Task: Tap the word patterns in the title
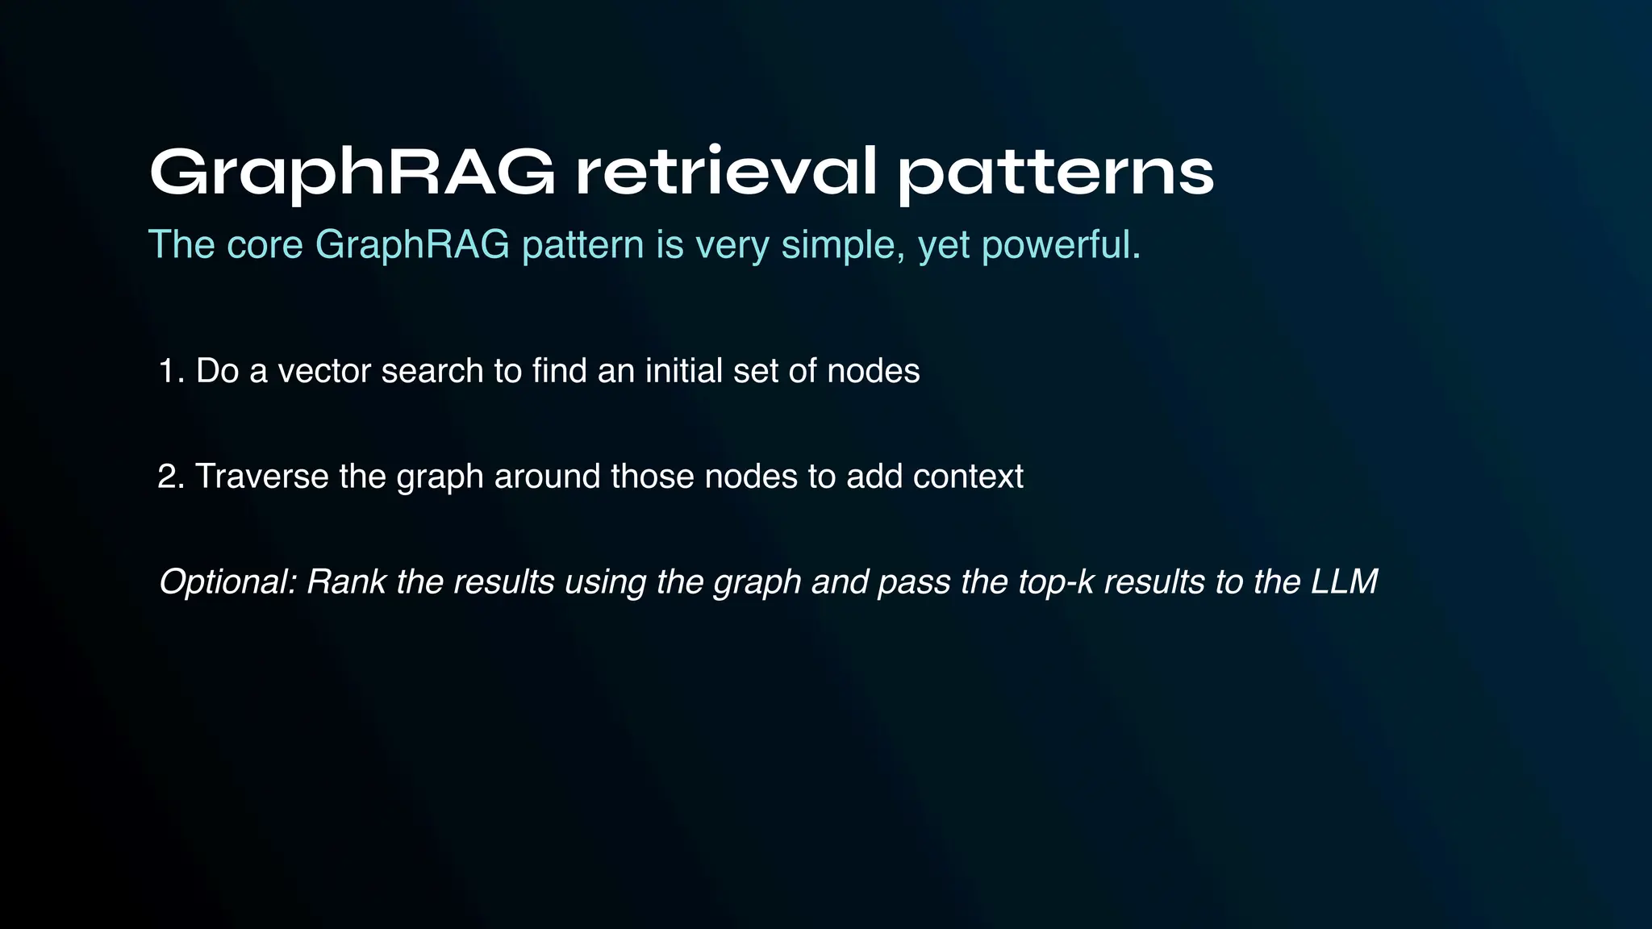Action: pos(1055,173)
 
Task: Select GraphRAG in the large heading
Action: pos(352,173)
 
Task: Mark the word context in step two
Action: pos(968,477)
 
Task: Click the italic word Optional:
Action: pos(227,582)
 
